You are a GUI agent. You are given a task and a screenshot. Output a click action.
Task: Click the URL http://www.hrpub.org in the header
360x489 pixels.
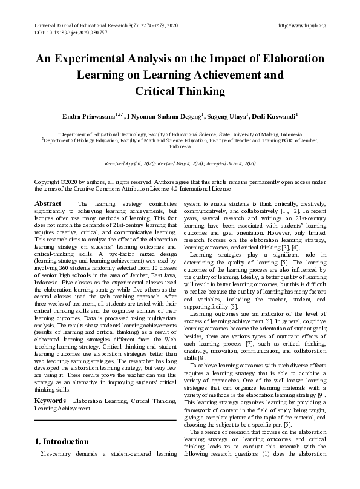301,25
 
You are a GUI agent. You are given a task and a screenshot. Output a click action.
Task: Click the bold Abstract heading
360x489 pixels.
48,203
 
